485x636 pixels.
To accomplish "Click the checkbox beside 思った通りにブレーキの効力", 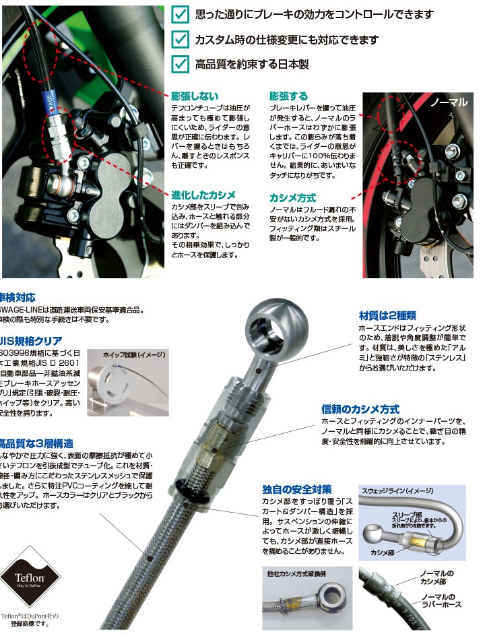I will pos(180,15).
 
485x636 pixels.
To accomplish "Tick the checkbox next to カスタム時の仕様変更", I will pos(180,39).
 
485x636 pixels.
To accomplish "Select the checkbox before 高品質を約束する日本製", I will pos(180,64).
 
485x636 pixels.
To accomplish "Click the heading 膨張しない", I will pos(195,96).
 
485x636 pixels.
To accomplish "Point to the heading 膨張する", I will pos(288,96).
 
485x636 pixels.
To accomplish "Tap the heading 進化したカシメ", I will pos(204,194).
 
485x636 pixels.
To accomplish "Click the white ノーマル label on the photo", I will pos(449,102).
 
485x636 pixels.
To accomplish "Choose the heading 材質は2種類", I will pos(387,315).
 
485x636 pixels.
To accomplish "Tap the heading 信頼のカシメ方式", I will pos(360,409).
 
